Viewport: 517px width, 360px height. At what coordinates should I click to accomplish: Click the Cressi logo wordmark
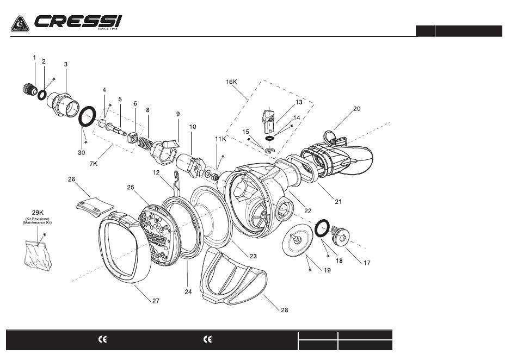[78, 23]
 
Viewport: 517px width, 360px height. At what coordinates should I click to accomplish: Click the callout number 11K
[220, 139]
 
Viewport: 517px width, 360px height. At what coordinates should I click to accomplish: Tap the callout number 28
[284, 310]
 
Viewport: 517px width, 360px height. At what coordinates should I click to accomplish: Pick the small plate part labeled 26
[94, 204]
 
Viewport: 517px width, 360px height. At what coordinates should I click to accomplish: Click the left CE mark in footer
[102, 339]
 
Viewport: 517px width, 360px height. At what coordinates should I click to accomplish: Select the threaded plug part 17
[342, 235]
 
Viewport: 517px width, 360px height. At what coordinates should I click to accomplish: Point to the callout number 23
[253, 256]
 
